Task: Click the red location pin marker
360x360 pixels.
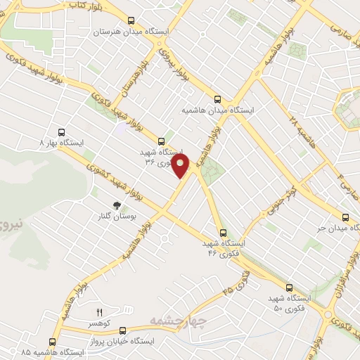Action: [x=181, y=166]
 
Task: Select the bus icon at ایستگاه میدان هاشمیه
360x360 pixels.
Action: [x=217, y=100]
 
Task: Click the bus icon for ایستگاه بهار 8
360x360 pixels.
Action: [x=62, y=131]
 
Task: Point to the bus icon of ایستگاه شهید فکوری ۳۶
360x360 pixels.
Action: [x=162, y=141]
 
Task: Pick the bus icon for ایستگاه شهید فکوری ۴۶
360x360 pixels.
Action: [x=223, y=233]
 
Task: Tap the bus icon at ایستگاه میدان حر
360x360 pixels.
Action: [x=345, y=217]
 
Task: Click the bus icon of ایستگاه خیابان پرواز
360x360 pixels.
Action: [x=123, y=330]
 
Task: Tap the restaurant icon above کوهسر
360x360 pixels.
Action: [x=99, y=311]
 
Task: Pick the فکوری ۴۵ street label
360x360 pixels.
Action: [x=237, y=282]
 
